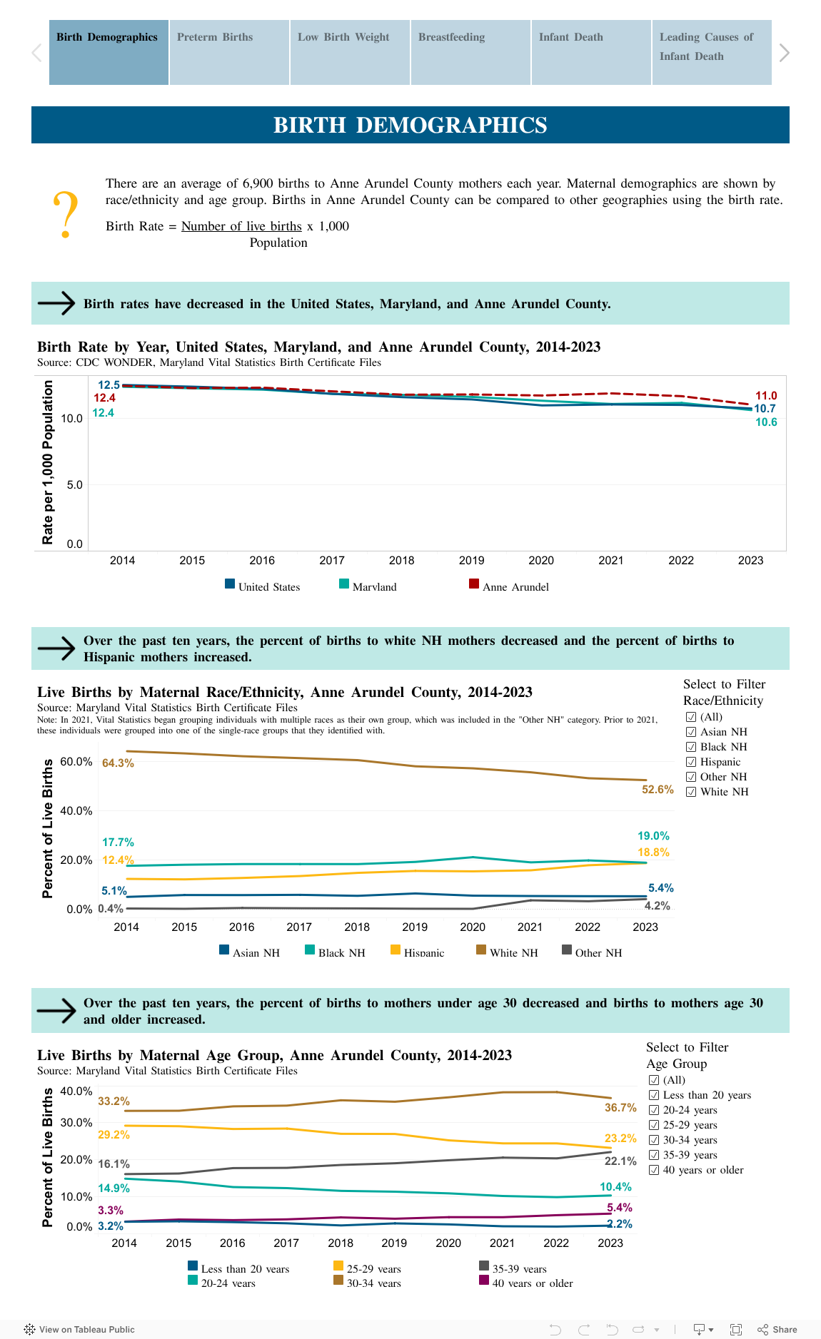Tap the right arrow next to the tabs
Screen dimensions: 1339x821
[x=784, y=53]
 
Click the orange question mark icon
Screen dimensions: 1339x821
[x=66, y=215]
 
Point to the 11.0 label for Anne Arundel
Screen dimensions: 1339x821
[x=766, y=396]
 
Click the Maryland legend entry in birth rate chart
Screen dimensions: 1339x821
[x=368, y=586]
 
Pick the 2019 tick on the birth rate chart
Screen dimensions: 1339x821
[x=471, y=561]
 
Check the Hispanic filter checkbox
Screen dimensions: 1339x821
[x=691, y=762]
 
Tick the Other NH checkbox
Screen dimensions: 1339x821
[x=691, y=777]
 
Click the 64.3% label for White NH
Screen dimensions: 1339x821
[x=118, y=763]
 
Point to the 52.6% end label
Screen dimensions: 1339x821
[x=658, y=790]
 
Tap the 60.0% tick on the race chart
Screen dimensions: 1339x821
[x=76, y=762]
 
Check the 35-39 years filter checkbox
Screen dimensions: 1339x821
[x=654, y=1155]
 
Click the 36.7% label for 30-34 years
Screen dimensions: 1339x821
[x=620, y=1108]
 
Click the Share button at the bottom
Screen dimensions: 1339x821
[x=777, y=1329]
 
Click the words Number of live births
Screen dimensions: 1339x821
[x=241, y=226]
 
